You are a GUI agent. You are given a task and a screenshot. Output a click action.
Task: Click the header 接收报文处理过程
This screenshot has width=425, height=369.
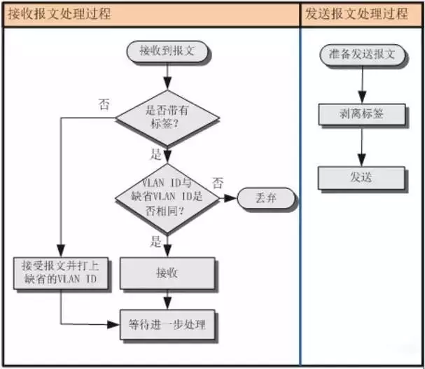tap(60, 14)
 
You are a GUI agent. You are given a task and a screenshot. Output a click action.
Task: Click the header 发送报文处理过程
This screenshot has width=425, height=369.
tap(357, 14)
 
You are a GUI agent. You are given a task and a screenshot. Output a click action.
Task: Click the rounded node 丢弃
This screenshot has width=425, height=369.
tap(266, 198)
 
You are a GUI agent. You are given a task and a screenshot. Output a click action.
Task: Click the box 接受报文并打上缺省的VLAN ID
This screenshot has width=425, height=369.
tap(60, 272)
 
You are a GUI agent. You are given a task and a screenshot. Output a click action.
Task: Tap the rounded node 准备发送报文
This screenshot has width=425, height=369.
tap(361, 54)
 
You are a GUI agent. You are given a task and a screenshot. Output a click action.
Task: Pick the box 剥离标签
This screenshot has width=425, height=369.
tap(361, 114)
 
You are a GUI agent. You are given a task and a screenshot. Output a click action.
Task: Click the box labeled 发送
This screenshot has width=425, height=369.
tap(361, 177)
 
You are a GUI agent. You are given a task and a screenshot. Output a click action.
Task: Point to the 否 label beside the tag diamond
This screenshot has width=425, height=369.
tap(104, 105)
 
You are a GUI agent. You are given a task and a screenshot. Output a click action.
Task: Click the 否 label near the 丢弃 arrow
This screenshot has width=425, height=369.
tap(218, 183)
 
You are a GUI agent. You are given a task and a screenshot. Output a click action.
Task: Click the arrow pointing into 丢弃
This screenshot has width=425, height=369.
tap(228, 198)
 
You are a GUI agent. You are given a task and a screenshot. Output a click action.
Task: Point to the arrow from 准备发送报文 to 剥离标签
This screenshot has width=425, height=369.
tap(361, 84)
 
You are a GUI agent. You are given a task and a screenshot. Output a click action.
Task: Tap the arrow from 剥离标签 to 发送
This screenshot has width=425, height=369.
tap(361, 146)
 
